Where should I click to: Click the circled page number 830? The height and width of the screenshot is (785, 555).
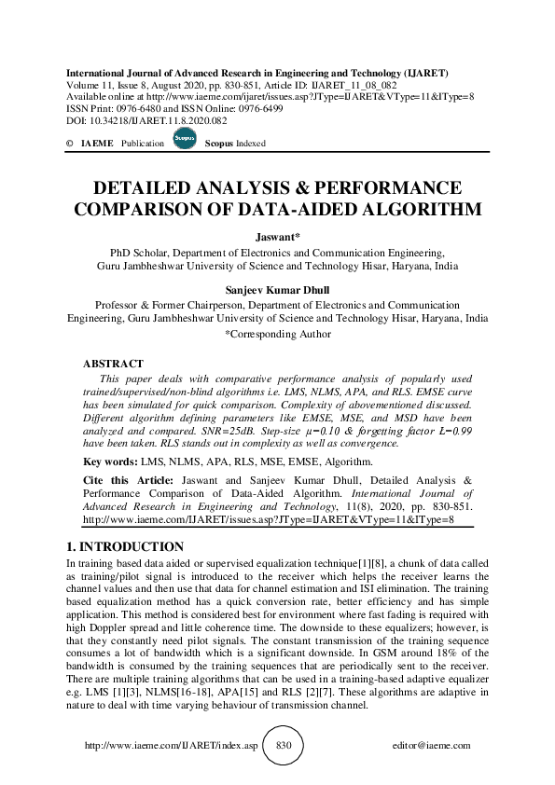(x=284, y=746)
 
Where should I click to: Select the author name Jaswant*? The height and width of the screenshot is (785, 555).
(x=277, y=238)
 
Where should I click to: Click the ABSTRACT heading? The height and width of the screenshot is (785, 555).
(x=113, y=364)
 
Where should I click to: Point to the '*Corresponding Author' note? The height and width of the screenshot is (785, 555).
(x=277, y=333)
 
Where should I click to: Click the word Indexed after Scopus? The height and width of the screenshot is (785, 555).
(x=249, y=145)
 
